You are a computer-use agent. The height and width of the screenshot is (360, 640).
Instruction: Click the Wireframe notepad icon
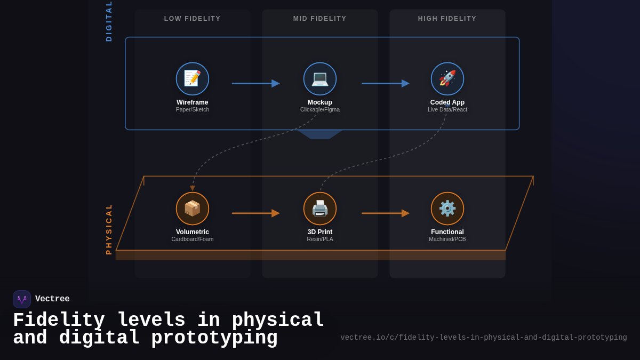(x=193, y=79)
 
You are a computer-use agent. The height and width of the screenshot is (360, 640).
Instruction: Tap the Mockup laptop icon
(x=320, y=79)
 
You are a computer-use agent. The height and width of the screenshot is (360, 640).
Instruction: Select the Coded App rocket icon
(x=447, y=79)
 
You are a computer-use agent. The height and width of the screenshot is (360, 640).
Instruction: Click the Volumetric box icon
(x=193, y=209)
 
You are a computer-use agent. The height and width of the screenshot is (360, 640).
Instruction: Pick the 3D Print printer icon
(x=320, y=209)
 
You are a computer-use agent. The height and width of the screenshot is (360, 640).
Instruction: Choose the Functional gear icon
(x=447, y=209)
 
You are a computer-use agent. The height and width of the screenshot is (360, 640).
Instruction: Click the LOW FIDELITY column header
(x=193, y=19)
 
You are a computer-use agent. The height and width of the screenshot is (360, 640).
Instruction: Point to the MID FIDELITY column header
(x=320, y=19)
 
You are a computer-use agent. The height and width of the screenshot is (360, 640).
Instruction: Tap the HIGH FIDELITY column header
(x=447, y=19)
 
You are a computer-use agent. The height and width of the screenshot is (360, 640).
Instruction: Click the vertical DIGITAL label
(x=109, y=21)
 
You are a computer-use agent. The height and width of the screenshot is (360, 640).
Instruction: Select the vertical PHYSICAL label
(x=109, y=229)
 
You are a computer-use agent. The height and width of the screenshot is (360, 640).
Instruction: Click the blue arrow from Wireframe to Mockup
(x=255, y=83)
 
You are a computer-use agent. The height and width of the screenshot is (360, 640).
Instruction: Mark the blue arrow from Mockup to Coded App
(x=385, y=83)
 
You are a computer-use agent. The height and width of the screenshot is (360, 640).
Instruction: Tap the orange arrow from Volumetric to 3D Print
(x=255, y=213)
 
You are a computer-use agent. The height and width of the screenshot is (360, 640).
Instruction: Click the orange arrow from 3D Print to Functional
(x=385, y=213)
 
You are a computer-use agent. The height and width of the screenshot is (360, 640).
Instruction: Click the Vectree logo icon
(x=22, y=299)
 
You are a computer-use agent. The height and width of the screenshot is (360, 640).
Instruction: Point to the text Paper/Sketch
(x=193, y=110)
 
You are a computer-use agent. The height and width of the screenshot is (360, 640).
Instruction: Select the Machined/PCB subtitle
(x=447, y=239)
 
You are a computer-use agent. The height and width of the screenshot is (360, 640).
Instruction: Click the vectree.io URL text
(x=484, y=338)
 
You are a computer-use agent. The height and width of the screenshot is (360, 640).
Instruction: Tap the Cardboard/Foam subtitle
(x=193, y=239)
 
